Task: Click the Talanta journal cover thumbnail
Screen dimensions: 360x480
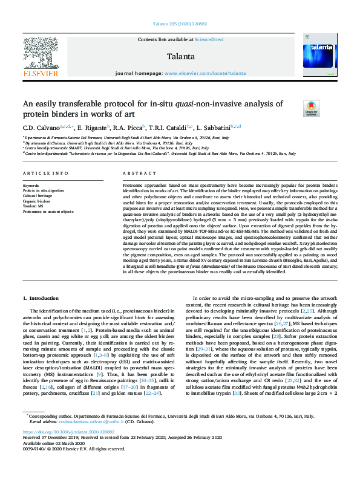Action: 315,55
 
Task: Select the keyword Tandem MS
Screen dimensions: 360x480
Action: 33,206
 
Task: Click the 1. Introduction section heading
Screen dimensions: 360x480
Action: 41,298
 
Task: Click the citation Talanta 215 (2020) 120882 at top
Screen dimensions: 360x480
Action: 180,24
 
